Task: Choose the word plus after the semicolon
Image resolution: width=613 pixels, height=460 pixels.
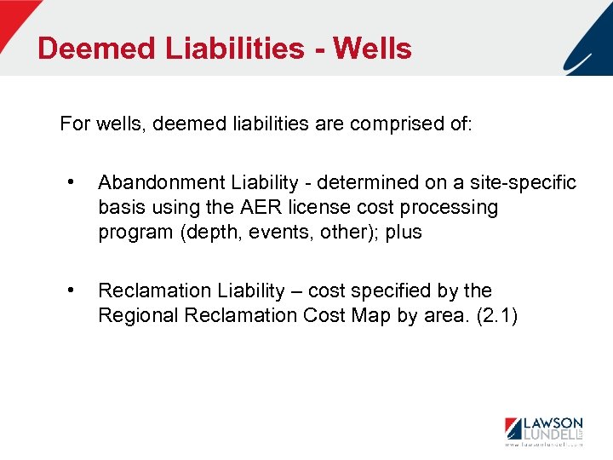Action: tap(404, 232)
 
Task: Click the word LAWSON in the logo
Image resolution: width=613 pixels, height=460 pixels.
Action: tap(553, 423)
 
